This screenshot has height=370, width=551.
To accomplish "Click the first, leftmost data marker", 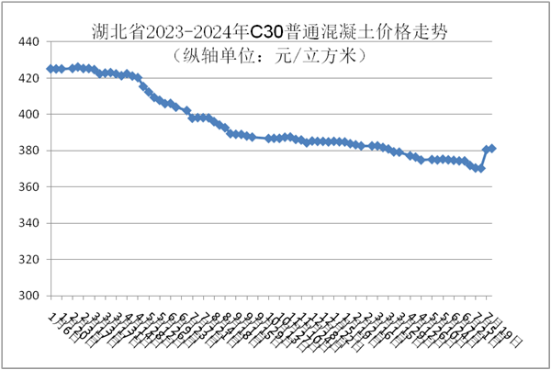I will (51, 69).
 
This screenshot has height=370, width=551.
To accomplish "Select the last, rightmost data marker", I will (492, 148).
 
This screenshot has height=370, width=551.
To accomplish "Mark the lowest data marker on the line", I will (480, 168).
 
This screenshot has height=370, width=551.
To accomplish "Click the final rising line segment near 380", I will (484, 159).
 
